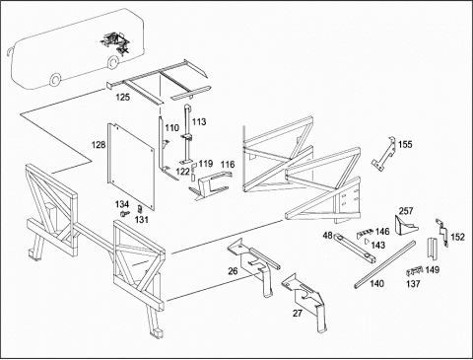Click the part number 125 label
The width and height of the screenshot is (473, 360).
[x=122, y=98]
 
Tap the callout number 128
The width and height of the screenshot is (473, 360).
[x=99, y=145]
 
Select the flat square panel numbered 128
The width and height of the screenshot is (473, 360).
[x=131, y=167]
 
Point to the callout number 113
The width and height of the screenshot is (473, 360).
[x=199, y=122]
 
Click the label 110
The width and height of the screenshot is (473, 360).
[x=171, y=128]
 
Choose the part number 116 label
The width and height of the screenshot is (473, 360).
[x=228, y=165]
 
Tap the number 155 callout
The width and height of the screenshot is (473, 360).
[x=405, y=144]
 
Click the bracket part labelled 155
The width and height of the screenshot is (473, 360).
[x=383, y=154]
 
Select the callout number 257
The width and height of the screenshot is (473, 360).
[x=406, y=211]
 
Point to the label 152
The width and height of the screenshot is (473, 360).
[x=457, y=237]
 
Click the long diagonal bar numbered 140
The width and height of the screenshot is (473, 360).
[x=384, y=264]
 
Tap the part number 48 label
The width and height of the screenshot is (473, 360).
[x=328, y=236]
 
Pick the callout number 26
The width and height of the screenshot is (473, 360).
[x=233, y=271]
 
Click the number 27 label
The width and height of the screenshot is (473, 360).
[x=298, y=314]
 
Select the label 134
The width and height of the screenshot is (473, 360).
[x=122, y=204]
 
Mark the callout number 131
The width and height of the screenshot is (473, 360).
[x=142, y=219]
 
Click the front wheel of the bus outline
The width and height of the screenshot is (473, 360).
[x=55, y=80]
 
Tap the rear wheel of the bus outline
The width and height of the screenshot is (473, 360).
[x=113, y=62]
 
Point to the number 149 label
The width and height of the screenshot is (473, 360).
[x=433, y=270]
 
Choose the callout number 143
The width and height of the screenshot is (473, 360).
[x=378, y=245]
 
